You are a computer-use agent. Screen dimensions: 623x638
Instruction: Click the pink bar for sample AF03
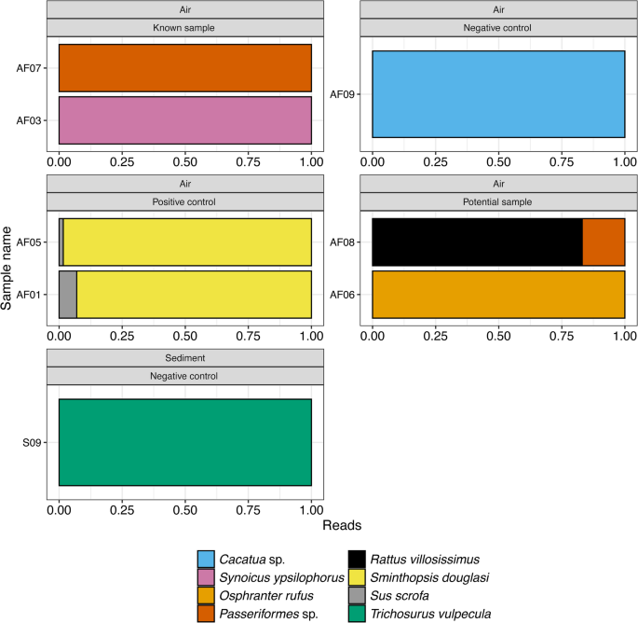(x=184, y=119)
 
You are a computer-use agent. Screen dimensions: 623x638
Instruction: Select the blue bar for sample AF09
(x=498, y=93)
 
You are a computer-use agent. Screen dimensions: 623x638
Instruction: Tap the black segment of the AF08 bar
(x=477, y=242)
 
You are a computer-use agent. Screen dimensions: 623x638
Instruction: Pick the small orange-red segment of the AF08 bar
(x=604, y=242)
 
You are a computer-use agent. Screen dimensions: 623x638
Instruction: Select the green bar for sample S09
(x=184, y=442)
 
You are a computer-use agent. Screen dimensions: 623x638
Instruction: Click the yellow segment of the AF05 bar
(x=186, y=242)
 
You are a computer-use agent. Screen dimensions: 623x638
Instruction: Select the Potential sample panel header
(x=498, y=201)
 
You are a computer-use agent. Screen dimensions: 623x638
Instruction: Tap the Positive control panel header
(x=184, y=201)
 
